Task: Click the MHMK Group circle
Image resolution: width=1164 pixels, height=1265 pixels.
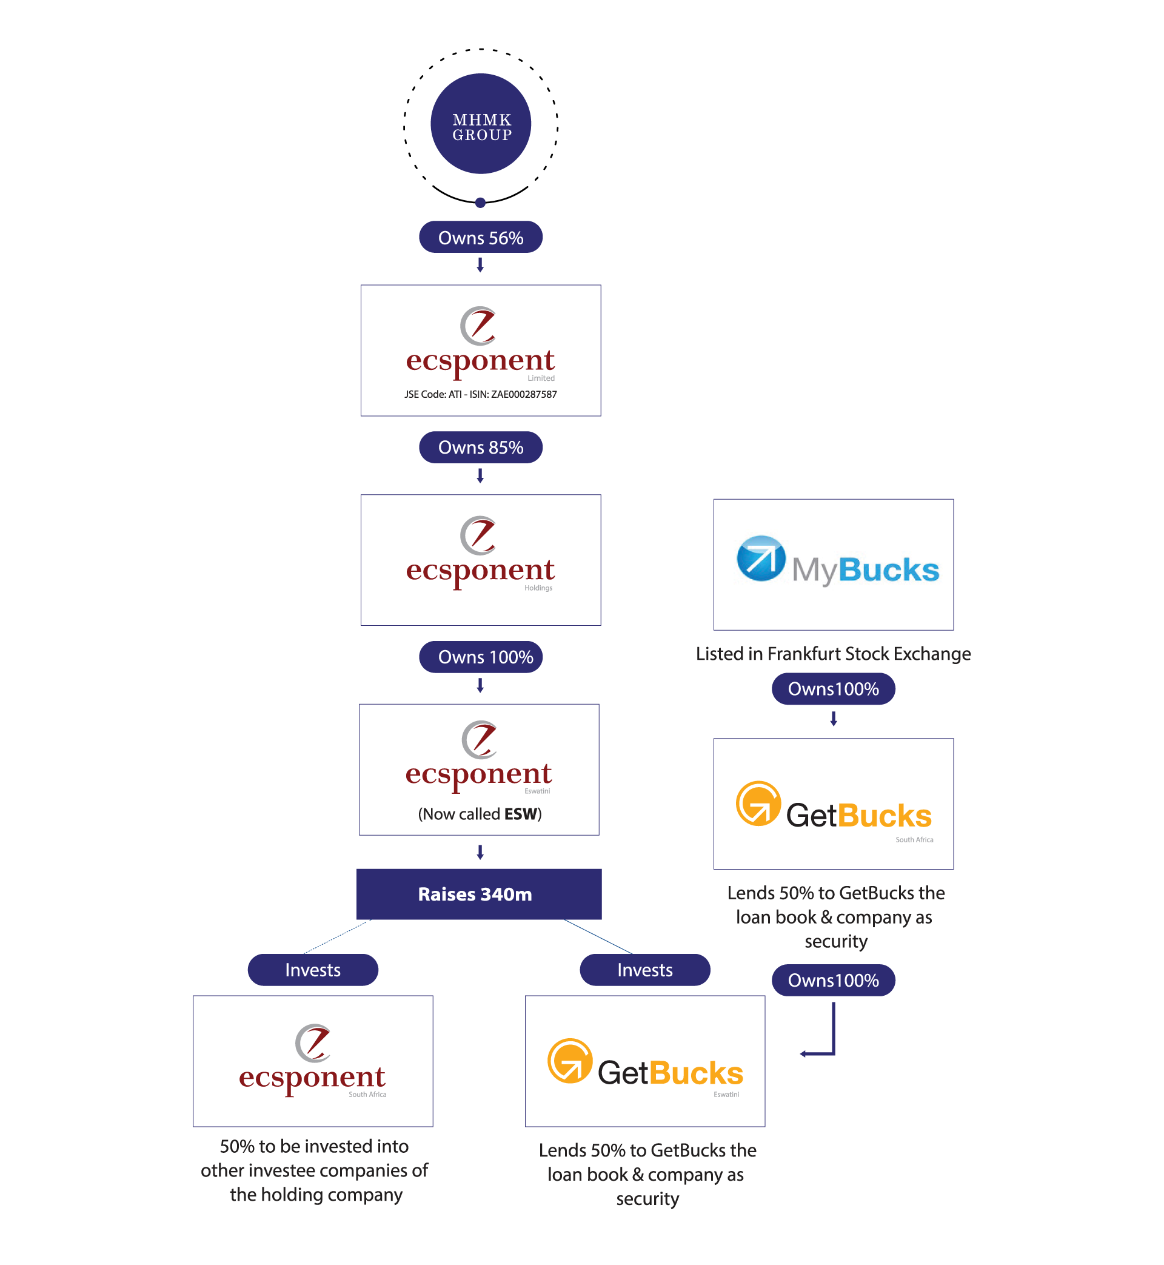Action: pos(481,124)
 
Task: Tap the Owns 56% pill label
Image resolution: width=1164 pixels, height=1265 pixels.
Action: pos(481,238)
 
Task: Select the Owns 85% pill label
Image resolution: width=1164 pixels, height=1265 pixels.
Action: pos(481,448)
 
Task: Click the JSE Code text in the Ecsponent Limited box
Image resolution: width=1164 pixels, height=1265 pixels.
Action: pos(481,394)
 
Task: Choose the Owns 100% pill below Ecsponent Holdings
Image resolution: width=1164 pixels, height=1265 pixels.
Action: pos(481,657)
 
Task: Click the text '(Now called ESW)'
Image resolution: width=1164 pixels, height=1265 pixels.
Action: pos(480,814)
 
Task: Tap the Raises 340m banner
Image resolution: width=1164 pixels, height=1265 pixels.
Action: pos(479,894)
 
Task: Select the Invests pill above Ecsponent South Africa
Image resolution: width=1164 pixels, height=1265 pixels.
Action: pos(312,970)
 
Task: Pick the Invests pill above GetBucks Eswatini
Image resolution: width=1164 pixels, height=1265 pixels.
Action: pos(644,970)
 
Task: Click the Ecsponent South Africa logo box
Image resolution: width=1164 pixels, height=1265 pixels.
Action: pos(312,1061)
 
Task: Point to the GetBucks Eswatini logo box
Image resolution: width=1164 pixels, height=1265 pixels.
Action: pos(644,1061)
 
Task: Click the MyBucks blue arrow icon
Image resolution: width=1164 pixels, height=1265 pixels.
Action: pos(761,558)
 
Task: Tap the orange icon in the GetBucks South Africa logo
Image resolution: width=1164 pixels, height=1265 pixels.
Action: pos(758,804)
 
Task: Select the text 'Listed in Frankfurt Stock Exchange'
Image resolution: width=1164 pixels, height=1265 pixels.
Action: pos(833,654)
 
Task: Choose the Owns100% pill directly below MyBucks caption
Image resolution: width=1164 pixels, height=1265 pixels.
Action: pos(833,688)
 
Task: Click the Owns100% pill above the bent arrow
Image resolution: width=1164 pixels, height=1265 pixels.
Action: pos(833,980)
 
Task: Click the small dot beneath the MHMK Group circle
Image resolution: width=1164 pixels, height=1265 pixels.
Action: pos(481,202)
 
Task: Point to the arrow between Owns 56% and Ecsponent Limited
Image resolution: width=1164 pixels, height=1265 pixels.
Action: pos(480,265)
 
